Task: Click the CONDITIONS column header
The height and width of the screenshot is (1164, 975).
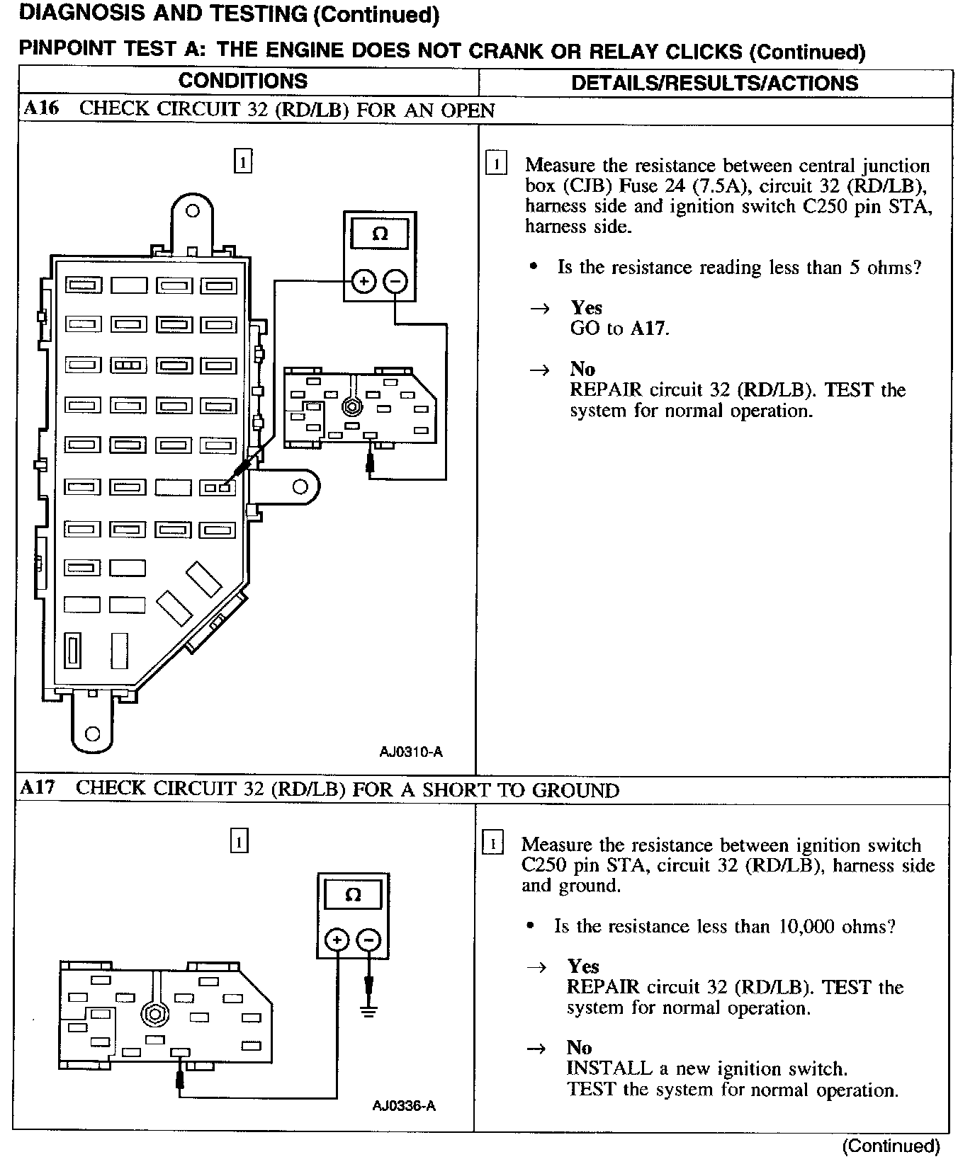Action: [x=243, y=81]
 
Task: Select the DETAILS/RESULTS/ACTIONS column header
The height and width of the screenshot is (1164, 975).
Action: [x=714, y=83]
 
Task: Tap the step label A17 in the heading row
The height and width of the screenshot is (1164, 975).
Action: [x=37, y=788]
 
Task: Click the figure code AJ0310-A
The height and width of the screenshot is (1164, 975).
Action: [x=411, y=752]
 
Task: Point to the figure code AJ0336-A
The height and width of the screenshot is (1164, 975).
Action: [x=404, y=1106]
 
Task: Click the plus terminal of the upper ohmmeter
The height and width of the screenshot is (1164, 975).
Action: [x=363, y=282]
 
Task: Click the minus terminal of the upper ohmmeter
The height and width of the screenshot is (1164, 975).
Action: [x=395, y=282]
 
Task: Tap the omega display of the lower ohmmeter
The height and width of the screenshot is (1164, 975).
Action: [x=352, y=896]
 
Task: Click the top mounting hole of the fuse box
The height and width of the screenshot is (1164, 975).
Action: [x=192, y=211]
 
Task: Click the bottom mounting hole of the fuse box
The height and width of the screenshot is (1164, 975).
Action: [x=92, y=734]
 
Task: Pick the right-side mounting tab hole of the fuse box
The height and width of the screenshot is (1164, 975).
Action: [x=300, y=486]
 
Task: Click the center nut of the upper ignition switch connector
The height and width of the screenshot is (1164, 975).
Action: [x=349, y=407]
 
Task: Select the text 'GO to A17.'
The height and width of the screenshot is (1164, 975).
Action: [x=619, y=329]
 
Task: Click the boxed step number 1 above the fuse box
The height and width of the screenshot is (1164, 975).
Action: [x=242, y=162]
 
